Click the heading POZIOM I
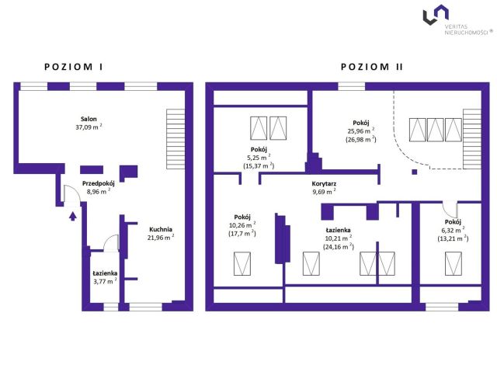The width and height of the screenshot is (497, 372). point(73,68)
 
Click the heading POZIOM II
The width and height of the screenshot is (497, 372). point(371,68)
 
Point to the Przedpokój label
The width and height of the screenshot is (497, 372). point(97,183)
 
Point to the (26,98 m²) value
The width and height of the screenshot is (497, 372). point(361,139)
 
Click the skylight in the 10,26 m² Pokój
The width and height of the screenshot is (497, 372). point(243,266)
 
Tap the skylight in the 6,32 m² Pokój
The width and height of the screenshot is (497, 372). point(452,264)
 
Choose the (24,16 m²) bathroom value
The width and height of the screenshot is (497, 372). point(338,247)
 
